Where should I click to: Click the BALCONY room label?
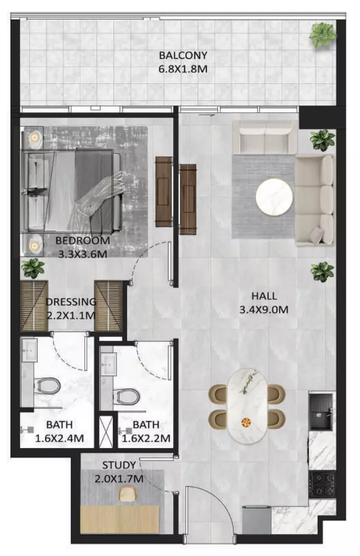click(183, 55)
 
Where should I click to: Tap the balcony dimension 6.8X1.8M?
click(183, 69)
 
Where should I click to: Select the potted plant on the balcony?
click(322, 34)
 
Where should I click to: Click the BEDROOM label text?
click(83, 240)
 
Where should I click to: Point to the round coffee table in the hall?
click(274, 197)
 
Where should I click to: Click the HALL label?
click(264, 296)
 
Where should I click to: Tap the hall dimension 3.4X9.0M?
click(264, 310)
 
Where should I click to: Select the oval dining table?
click(247, 405)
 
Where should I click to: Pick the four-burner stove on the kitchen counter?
click(322, 484)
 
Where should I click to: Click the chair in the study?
click(128, 493)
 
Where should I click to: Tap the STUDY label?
click(119, 465)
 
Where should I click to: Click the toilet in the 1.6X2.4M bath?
click(47, 385)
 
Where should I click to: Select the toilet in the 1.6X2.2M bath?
click(127, 396)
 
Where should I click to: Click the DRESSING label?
click(71, 302)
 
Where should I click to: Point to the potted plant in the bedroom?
click(33, 268)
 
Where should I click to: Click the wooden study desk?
click(120, 519)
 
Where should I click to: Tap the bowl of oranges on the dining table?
click(246, 422)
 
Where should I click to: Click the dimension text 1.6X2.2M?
click(146, 438)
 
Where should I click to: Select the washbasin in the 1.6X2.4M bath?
click(30, 351)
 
